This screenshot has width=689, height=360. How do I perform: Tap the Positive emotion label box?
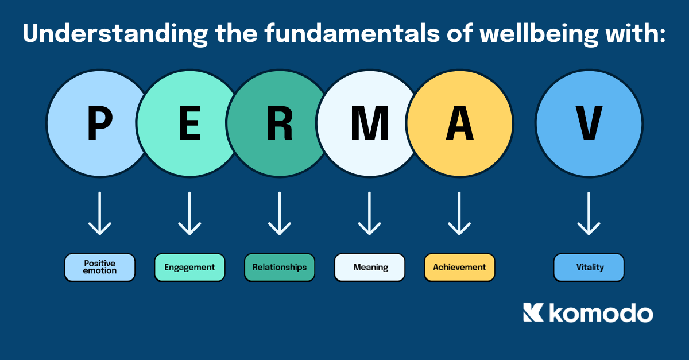tap(100, 267)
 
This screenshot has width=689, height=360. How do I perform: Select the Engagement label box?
tap(189, 267)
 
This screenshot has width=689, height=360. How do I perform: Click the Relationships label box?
tap(280, 267)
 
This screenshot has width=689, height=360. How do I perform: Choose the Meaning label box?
tap(370, 267)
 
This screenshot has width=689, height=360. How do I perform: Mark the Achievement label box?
tap(459, 267)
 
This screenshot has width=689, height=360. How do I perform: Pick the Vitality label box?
tap(589, 267)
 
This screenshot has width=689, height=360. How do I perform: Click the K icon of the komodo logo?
tap(533, 313)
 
